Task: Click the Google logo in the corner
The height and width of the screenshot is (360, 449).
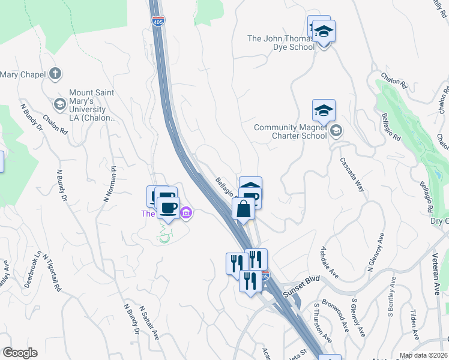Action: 19,353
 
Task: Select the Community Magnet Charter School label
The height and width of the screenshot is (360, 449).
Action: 291,131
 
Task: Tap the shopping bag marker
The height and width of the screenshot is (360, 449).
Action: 243,210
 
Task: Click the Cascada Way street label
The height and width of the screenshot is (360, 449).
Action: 352,175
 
